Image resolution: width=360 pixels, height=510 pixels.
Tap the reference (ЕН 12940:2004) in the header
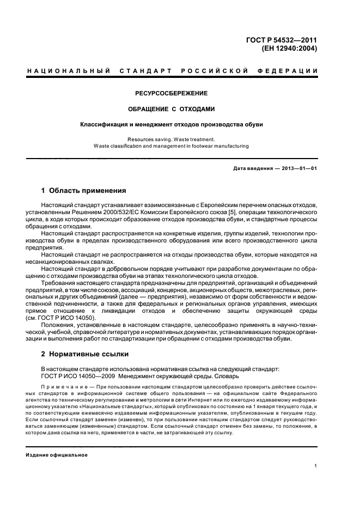pos(290,48)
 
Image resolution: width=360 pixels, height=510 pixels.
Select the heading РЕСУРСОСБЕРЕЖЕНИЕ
pos(172,93)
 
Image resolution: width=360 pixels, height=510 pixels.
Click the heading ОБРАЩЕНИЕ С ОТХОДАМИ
pos(172,108)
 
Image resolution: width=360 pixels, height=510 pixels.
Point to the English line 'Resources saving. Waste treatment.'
pos(172,139)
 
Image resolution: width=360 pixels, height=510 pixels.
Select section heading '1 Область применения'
pos(84,191)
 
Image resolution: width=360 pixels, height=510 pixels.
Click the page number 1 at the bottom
pos(315,466)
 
